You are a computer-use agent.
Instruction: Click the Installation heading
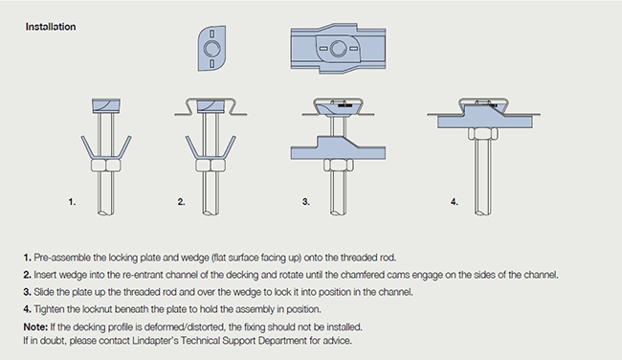click(x=51, y=27)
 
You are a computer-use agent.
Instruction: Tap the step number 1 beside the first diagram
click(x=72, y=202)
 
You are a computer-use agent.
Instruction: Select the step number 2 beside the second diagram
click(x=181, y=202)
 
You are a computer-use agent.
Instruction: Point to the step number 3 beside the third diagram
click(x=305, y=202)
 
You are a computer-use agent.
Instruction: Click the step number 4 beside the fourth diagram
click(x=455, y=202)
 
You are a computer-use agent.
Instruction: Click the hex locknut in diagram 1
click(x=105, y=165)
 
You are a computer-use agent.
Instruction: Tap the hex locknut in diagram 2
click(x=211, y=165)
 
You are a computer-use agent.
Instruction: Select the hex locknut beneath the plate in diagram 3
click(x=339, y=165)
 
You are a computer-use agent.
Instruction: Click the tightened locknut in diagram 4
click(x=482, y=134)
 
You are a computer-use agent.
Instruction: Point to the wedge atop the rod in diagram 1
click(x=106, y=105)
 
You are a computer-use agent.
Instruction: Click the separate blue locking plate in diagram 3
click(x=338, y=147)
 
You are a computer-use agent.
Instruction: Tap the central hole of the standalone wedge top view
click(x=211, y=49)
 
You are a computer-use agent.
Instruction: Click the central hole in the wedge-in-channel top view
click(x=338, y=49)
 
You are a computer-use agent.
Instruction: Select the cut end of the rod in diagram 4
click(x=482, y=213)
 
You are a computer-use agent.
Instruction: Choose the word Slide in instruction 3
click(x=43, y=292)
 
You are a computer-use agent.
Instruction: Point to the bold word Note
click(x=35, y=326)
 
